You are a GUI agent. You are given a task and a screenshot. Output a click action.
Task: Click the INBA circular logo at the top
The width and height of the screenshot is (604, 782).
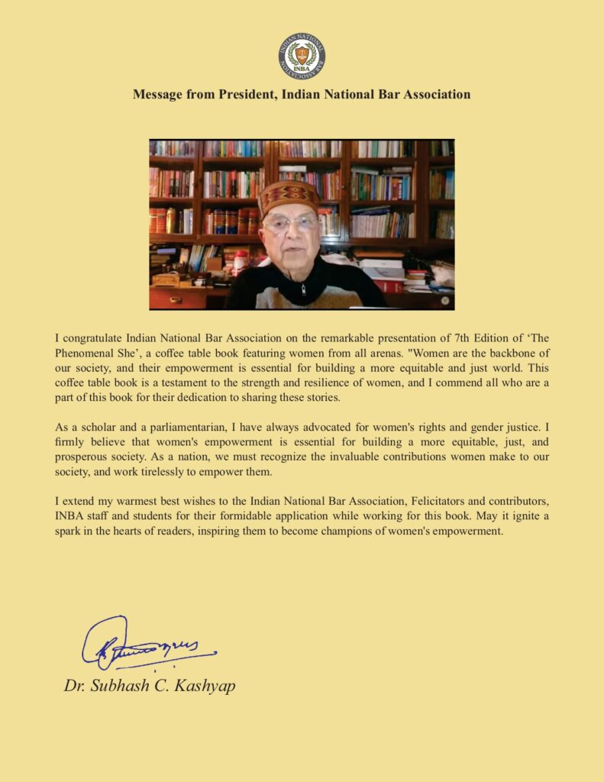301,56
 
